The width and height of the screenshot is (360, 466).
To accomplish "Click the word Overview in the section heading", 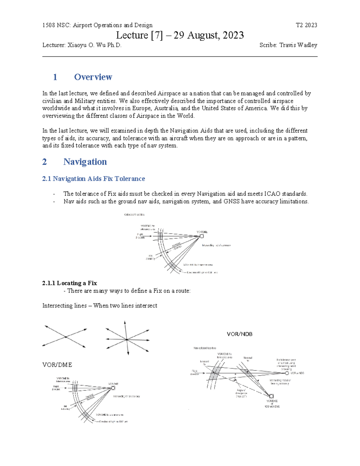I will (93, 77).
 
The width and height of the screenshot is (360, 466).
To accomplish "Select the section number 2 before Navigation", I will (44, 162).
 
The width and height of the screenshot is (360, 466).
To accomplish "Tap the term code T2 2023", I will (306, 25).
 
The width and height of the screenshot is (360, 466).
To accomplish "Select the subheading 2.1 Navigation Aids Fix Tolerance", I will (93, 179).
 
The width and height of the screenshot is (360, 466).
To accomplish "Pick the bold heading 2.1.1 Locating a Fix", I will (70, 283).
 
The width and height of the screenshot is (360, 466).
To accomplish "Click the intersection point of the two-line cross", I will (66, 337).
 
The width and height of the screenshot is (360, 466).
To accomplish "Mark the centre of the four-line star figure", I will (127, 339).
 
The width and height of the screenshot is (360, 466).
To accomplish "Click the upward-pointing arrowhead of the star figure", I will (125, 322).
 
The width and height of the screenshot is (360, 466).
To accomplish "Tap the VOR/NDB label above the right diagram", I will (239, 334).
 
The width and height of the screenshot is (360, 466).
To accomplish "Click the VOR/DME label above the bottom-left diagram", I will (57, 365).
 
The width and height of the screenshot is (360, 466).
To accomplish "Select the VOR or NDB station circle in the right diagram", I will (287, 373).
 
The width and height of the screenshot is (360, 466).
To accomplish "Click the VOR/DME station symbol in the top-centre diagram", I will (202, 236).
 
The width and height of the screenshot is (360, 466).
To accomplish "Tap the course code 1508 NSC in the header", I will (56, 25).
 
